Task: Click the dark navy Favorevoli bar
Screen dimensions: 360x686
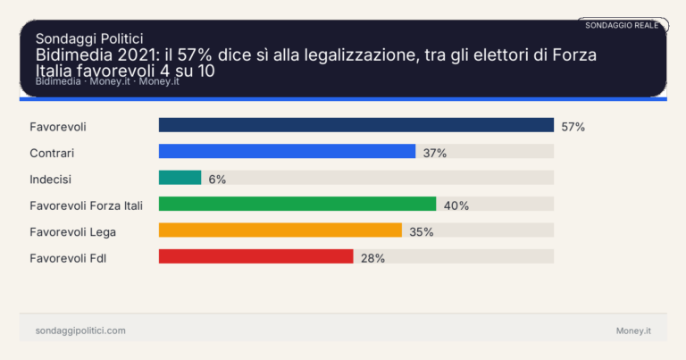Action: [x=356, y=126]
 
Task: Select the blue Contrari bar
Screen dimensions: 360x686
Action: [x=287, y=152]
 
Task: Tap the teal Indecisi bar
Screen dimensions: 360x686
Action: [x=180, y=178]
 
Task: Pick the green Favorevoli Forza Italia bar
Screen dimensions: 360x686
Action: [x=297, y=205]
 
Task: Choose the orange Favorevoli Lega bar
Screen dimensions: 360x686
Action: [x=280, y=230]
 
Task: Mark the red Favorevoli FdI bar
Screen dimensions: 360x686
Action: [x=255, y=257]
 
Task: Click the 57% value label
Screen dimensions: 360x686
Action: [x=573, y=127]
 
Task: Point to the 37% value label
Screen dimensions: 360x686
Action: [x=435, y=153]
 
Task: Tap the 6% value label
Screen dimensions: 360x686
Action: [x=217, y=179]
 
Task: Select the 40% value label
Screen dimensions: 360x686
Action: [x=456, y=205]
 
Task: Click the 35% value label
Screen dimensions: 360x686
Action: [x=421, y=231]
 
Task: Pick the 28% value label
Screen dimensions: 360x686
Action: [x=372, y=258]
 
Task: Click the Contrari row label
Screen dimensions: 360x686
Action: [x=52, y=153]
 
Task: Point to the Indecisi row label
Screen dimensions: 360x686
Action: [x=51, y=179]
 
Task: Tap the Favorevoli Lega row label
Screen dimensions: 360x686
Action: [x=72, y=231]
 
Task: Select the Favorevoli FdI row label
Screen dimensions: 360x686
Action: [x=69, y=258]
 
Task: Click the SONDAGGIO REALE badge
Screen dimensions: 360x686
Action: [x=622, y=25]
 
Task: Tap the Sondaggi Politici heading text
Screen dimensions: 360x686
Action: [x=89, y=38]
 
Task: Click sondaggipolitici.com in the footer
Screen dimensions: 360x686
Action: [x=80, y=331]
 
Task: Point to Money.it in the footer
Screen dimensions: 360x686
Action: [x=633, y=331]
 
